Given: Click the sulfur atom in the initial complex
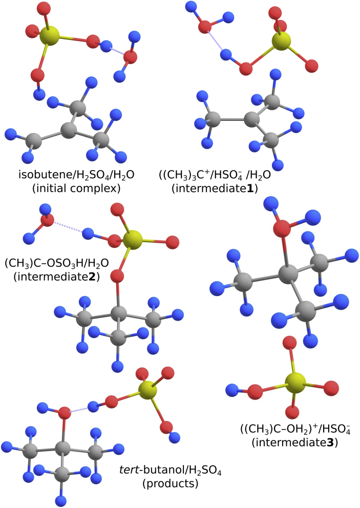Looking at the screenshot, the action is coord(49,36).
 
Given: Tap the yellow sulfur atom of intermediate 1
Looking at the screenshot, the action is coord(281,41).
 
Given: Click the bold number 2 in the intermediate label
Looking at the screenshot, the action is coord(95,277).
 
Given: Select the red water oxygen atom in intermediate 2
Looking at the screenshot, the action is coord(47,221).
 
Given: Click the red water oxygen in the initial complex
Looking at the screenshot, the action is coord(130,57).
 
